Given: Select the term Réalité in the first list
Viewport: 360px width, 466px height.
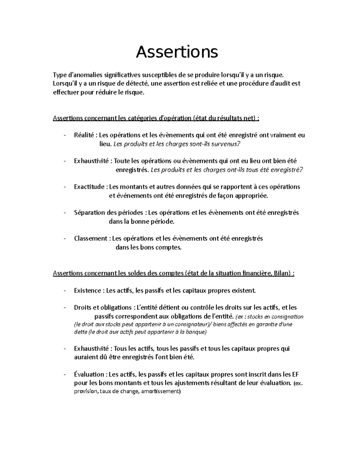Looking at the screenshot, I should pos(84,135).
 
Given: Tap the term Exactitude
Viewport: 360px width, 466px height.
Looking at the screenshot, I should pos(89,187).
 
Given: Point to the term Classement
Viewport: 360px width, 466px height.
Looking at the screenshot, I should pos(91,238).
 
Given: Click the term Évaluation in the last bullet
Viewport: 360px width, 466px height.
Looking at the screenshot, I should pos(89,374).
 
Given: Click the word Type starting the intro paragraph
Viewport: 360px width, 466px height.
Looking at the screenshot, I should pos(59,74).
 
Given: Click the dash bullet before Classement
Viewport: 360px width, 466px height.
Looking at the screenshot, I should pos(64,239).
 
